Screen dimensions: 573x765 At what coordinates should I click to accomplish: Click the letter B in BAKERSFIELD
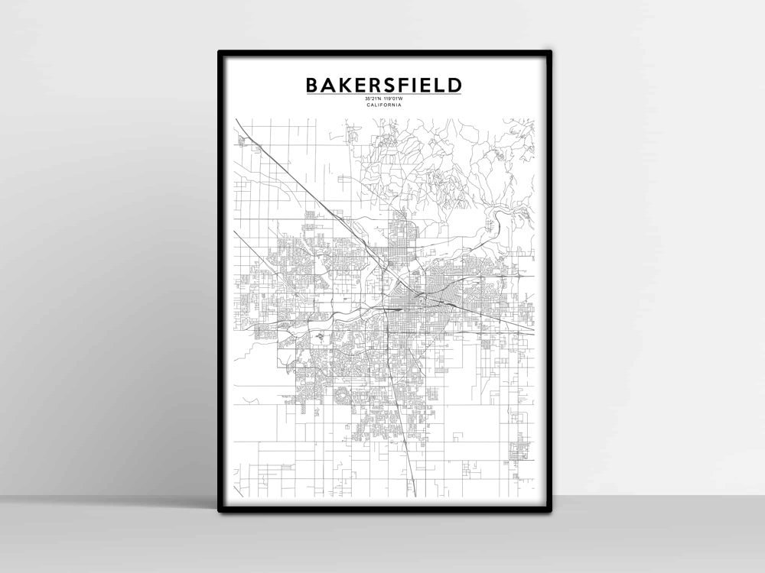click(312, 84)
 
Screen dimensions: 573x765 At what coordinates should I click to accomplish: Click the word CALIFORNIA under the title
click(384, 105)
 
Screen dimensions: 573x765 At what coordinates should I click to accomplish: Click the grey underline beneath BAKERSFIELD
click(384, 94)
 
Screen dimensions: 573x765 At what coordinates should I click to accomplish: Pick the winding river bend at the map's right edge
click(497, 222)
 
